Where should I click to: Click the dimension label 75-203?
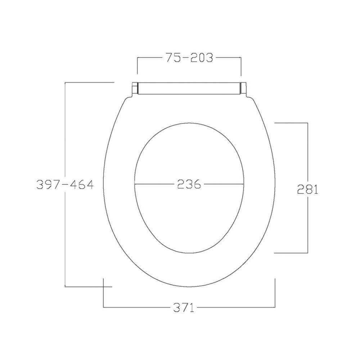click(x=189, y=58)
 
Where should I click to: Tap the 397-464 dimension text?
click(x=65, y=184)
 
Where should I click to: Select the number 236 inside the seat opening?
click(x=189, y=184)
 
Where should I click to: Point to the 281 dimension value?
click(x=308, y=189)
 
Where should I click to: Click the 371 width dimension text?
click(x=184, y=307)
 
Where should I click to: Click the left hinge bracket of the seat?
click(x=135, y=90)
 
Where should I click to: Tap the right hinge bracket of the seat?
click(x=244, y=90)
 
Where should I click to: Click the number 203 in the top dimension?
click(x=202, y=58)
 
